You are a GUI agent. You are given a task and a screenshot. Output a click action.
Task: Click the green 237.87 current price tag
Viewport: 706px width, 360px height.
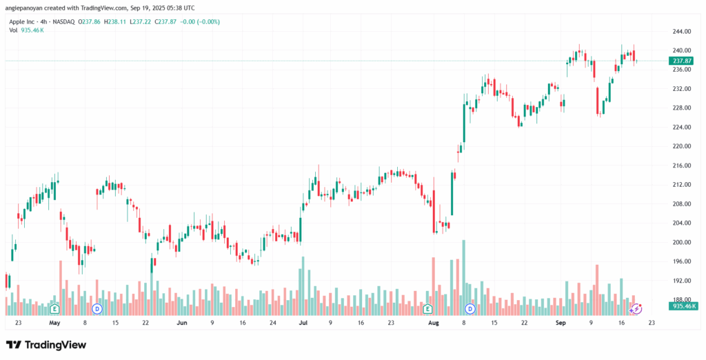(x=680, y=61)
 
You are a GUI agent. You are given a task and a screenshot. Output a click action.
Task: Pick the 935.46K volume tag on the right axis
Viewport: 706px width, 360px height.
(x=684, y=306)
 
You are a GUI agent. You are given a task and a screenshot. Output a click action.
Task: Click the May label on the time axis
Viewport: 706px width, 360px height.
(x=55, y=322)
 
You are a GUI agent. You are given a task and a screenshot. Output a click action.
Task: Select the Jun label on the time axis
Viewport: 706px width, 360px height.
(x=182, y=322)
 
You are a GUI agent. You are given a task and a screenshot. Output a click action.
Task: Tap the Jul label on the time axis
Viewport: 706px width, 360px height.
(x=303, y=322)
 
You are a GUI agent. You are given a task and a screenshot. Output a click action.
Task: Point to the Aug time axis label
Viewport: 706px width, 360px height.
(x=433, y=322)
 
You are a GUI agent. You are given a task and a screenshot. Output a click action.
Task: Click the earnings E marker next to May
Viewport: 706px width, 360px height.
(x=54, y=308)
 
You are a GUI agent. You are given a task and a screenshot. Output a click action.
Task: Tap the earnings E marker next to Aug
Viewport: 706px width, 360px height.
(x=427, y=308)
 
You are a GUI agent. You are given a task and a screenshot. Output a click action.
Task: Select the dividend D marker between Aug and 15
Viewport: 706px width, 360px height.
(x=470, y=308)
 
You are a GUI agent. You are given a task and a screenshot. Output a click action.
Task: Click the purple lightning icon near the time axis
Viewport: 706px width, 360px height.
(x=637, y=308)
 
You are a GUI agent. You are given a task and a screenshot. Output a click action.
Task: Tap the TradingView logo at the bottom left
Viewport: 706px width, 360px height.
(x=46, y=344)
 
